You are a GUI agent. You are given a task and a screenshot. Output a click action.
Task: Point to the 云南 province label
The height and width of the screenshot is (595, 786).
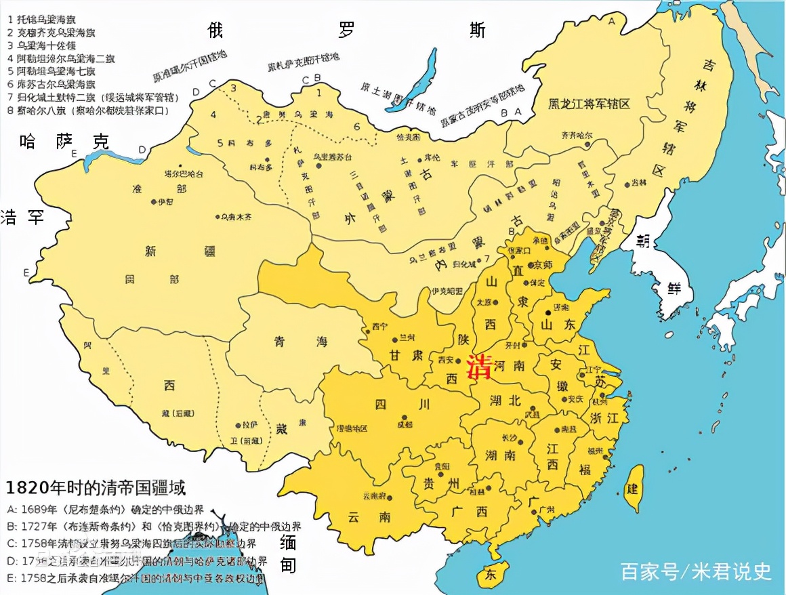[369, 516]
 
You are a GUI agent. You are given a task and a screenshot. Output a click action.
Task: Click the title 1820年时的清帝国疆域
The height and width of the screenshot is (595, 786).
[96, 487]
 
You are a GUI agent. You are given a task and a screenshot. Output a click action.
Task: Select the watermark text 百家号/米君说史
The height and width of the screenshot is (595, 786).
[696, 571]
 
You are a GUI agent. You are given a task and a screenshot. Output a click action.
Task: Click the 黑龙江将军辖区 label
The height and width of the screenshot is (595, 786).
[589, 103]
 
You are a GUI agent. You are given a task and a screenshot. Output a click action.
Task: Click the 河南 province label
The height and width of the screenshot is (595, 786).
[510, 365]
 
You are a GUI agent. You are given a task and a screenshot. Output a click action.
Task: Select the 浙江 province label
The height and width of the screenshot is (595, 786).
[604, 417]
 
